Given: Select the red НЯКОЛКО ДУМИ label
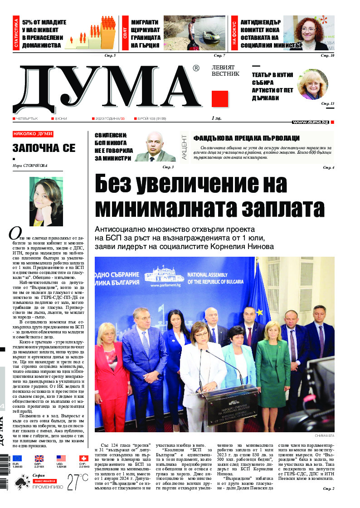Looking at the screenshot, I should click(33, 134).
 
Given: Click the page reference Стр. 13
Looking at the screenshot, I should click(327, 104).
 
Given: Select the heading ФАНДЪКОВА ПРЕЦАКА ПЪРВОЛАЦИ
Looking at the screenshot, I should click(247, 138).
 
